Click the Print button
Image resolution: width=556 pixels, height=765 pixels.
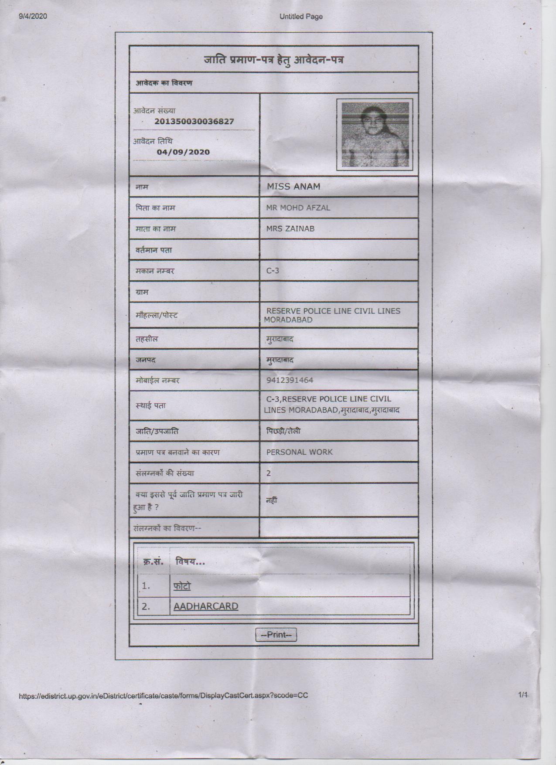click(276, 635)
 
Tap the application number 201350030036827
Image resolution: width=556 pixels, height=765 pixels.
click(194, 122)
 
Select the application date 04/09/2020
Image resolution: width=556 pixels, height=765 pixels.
click(183, 152)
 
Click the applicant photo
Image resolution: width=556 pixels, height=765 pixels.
click(375, 135)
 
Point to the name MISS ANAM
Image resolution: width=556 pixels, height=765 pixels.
click(293, 187)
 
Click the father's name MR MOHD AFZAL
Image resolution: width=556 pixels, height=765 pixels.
click(298, 207)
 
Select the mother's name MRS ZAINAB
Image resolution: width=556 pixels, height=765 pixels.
click(290, 228)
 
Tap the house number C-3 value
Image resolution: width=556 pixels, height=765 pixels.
click(273, 271)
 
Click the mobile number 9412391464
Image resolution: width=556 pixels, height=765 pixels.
click(290, 380)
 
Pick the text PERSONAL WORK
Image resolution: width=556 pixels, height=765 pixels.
click(300, 452)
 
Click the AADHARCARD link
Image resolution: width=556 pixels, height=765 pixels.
click(206, 606)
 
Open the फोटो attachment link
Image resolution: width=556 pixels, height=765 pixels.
click(182, 586)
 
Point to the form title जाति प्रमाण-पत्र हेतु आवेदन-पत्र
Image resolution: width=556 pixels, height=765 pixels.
click(273, 59)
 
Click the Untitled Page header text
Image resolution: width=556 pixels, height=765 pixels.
click(301, 17)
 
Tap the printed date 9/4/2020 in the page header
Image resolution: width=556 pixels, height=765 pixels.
click(33, 17)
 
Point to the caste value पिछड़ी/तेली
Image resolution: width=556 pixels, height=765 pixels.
click(283, 431)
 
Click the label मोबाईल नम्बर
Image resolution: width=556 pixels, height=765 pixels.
click(157, 381)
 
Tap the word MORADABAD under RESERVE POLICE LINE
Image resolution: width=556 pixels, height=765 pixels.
click(288, 320)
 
